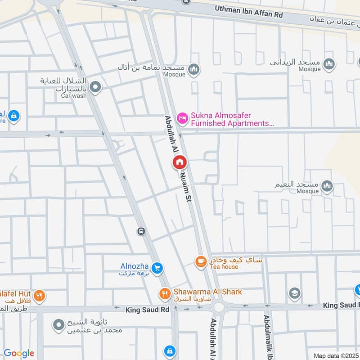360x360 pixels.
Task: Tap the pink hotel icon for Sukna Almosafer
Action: point(182,118)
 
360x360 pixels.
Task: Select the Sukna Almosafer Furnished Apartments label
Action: point(232,119)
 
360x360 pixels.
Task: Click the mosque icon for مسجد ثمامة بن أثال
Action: point(194,69)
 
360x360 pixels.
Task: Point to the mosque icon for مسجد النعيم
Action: point(327,186)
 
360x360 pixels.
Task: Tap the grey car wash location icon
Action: point(95,87)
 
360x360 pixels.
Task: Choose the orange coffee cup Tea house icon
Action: point(200,261)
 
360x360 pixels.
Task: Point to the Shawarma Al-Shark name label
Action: point(207,292)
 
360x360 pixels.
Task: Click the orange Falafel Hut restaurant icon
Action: point(40,296)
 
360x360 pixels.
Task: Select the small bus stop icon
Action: point(141,231)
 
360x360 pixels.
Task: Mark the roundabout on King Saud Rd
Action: point(219,308)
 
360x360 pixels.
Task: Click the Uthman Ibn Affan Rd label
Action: point(248,12)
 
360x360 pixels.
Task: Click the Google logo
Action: point(19,353)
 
